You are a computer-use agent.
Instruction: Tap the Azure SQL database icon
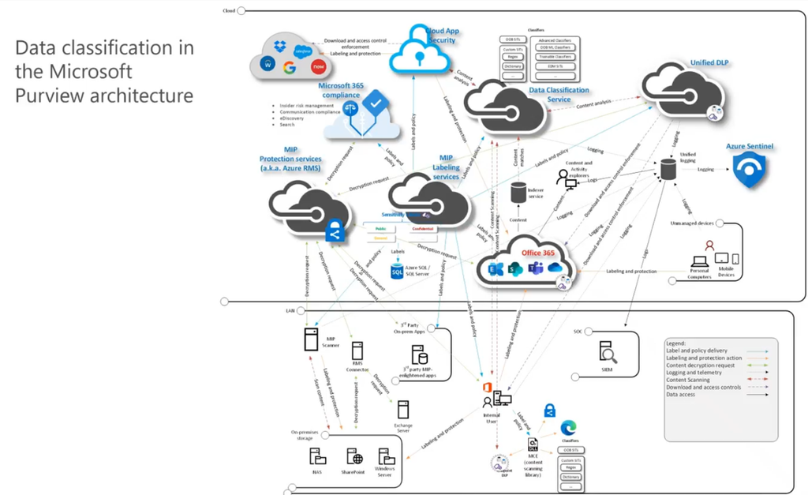pyautogui.click(x=396, y=272)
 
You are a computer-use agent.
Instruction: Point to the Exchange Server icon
pyautogui.click(x=403, y=409)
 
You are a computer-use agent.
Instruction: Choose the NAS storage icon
pyautogui.click(x=317, y=456)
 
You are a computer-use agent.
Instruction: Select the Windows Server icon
pyautogui.click(x=386, y=456)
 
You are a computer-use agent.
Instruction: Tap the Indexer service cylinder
pyautogui.click(x=518, y=192)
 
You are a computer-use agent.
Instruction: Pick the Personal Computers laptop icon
pyautogui.click(x=699, y=261)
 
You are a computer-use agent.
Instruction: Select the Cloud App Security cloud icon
pyautogui.click(x=419, y=52)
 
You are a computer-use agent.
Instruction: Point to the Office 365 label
pyautogui.click(x=538, y=253)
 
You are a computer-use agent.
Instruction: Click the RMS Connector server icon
pyautogui.click(x=357, y=351)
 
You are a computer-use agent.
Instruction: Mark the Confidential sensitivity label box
pyautogui.click(x=423, y=229)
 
